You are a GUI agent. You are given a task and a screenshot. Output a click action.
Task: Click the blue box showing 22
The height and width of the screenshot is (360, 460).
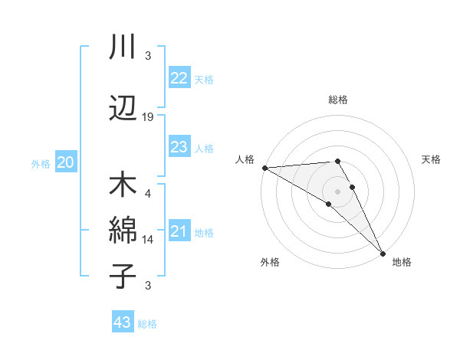pos(179,78)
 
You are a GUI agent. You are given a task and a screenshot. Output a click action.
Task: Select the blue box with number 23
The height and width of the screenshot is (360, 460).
pos(179,147)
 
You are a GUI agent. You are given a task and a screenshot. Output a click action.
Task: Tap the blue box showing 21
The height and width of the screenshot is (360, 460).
pos(179,232)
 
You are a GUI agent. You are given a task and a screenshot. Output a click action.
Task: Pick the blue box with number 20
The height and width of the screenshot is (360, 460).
pos(66,162)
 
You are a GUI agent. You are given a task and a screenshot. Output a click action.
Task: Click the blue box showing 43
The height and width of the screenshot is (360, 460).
pos(123,323)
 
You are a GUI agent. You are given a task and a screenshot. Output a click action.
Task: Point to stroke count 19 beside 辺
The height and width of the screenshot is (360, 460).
pos(148,116)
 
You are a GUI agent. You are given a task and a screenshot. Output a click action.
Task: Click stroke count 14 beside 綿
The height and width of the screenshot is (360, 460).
pos(148,239)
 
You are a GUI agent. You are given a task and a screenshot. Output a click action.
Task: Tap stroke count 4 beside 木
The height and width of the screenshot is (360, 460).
pos(148,194)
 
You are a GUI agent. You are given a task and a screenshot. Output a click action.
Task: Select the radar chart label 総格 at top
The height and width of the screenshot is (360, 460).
pos(338,100)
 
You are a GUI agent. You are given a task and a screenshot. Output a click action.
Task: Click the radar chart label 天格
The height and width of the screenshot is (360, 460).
pos(431,159)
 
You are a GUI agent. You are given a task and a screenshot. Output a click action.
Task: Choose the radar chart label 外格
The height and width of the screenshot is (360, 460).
pos(270,262)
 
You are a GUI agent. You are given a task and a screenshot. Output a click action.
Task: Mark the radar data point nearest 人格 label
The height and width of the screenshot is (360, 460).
pos(264,168)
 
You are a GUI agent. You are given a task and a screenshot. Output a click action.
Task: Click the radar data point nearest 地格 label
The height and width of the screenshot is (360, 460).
pos(383,253)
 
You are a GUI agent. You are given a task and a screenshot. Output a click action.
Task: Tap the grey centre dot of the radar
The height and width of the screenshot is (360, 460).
pos(337,191)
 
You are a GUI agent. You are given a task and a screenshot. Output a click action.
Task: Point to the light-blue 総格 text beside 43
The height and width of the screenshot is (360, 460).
pos(147,324)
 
